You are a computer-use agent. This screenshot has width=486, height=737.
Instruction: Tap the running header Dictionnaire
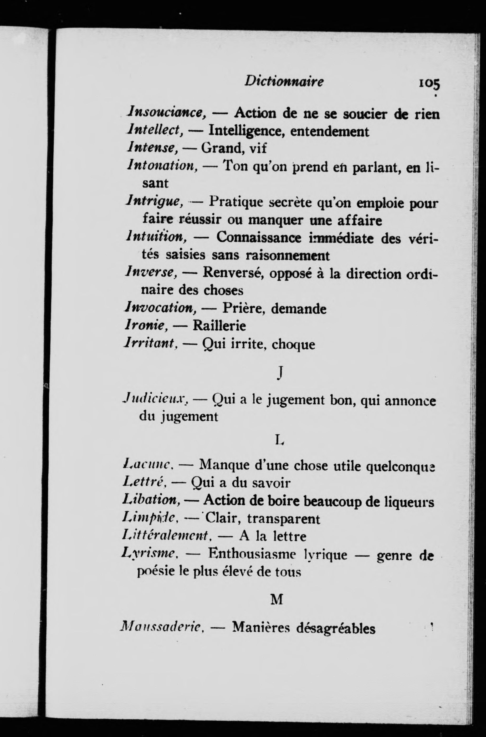[284, 82]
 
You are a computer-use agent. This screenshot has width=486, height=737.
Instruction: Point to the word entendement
[330, 131]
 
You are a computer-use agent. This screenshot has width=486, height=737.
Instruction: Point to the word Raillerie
[219, 326]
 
